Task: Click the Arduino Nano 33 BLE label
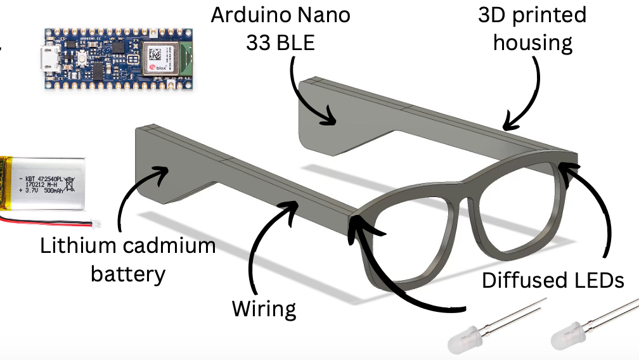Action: click(x=280, y=29)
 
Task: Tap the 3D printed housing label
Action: click(x=532, y=29)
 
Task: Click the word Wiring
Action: click(x=264, y=309)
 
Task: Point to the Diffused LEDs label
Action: click(x=553, y=280)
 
